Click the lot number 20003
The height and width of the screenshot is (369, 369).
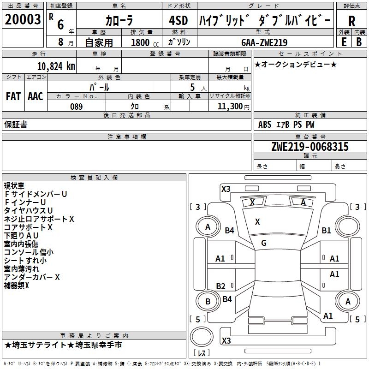click(23, 20)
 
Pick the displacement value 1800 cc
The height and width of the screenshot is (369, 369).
click(143, 43)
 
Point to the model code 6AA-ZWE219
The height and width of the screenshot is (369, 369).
click(264, 43)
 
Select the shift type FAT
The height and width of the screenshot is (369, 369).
click(13, 96)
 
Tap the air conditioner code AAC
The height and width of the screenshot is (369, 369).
click(36, 96)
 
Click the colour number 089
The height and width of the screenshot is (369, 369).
click(77, 107)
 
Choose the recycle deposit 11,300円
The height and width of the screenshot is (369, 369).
click(233, 107)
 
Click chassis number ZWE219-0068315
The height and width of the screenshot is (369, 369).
click(310, 147)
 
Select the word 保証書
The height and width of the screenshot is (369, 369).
click(16, 125)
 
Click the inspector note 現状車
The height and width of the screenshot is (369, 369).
click(15, 186)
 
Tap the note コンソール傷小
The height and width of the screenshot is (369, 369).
click(29, 252)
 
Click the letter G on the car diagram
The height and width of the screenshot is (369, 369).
click(264, 243)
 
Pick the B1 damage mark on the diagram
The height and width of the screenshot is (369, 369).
click(327, 230)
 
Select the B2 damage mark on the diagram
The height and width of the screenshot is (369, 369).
click(220, 286)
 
